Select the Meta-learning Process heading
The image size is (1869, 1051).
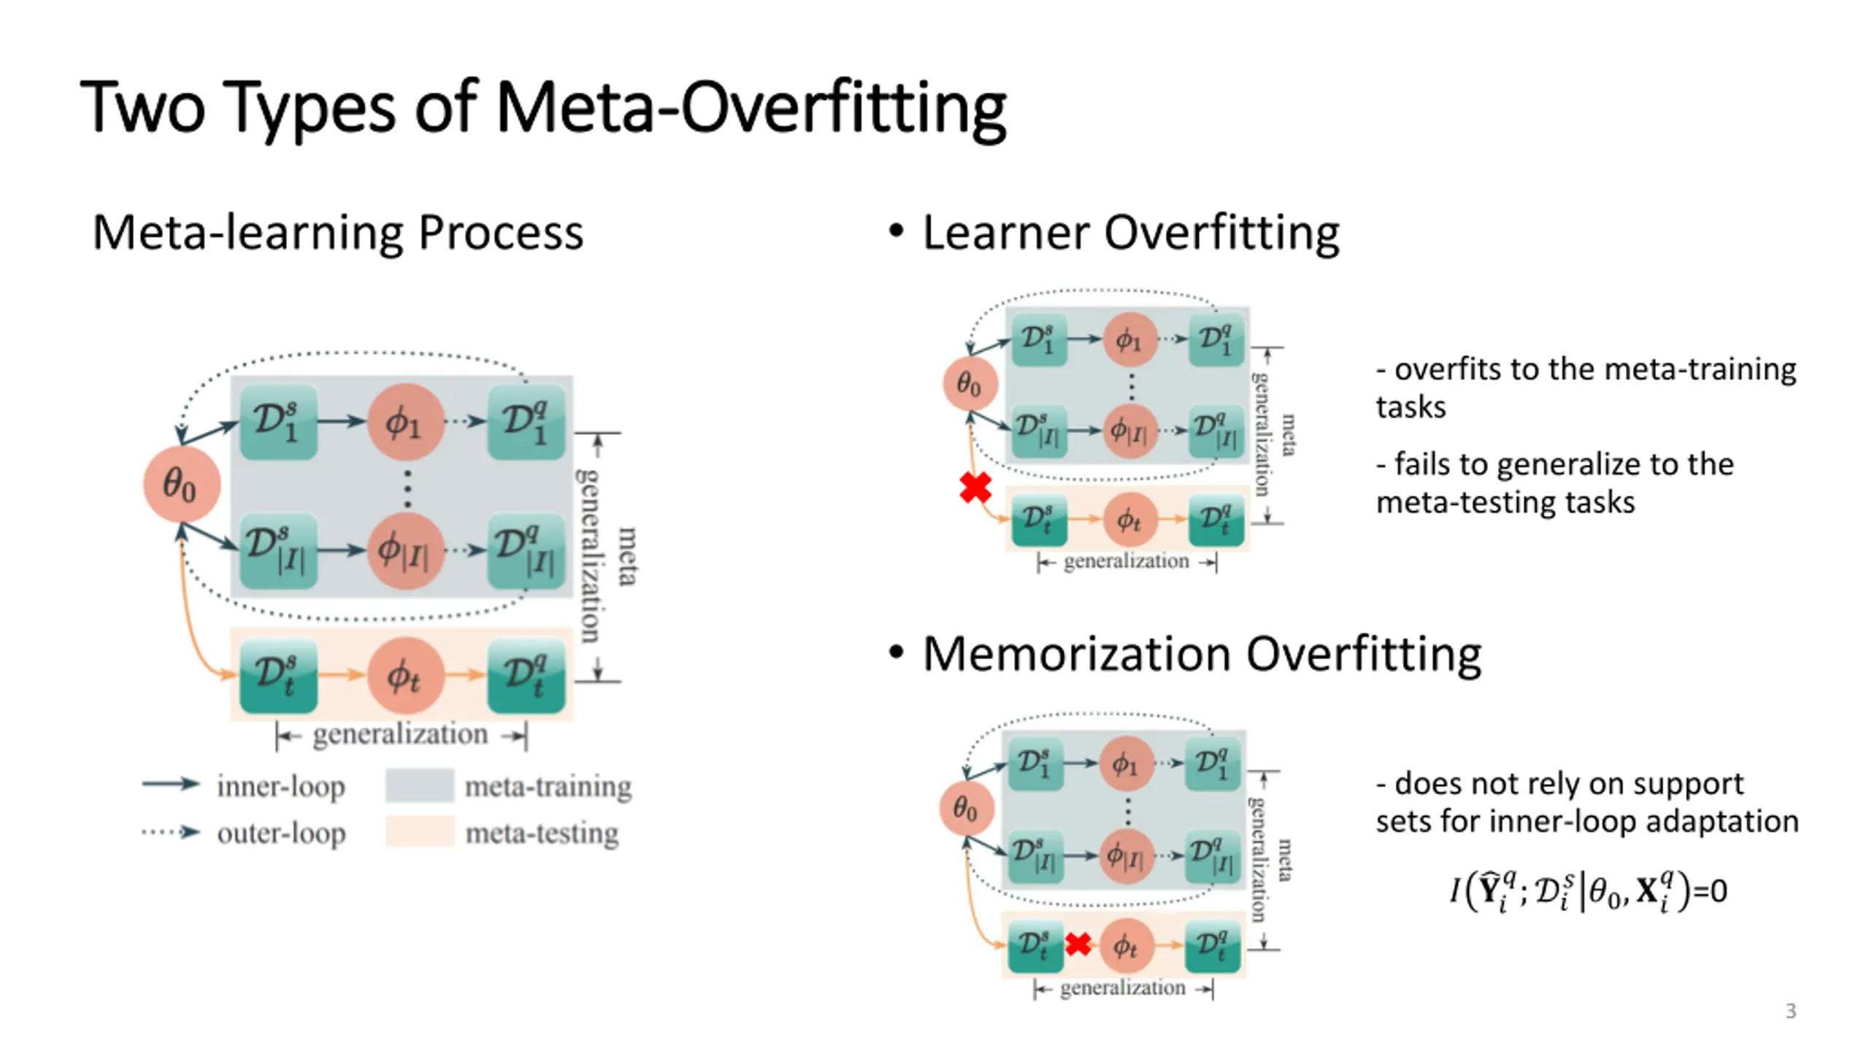click(x=337, y=233)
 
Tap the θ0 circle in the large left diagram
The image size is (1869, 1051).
click(x=181, y=485)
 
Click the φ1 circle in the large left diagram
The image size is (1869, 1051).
click(x=405, y=422)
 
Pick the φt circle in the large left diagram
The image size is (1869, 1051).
click(x=405, y=676)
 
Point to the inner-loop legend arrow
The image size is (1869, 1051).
click(x=170, y=785)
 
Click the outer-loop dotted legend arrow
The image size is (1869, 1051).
click(x=170, y=832)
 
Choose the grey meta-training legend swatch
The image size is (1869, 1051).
click(x=419, y=785)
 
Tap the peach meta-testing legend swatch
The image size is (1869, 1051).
click(x=419, y=832)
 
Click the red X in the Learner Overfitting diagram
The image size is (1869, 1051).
click(x=975, y=488)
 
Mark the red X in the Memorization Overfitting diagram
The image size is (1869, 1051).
click(x=1078, y=944)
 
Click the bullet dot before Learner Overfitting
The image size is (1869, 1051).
click(x=897, y=231)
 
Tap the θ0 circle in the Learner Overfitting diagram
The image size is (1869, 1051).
click(x=970, y=384)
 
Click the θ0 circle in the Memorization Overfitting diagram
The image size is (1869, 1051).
click(x=967, y=809)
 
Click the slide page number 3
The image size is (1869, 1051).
click(x=1790, y=1011)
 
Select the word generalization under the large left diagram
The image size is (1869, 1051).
click(x=400, y=734)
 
